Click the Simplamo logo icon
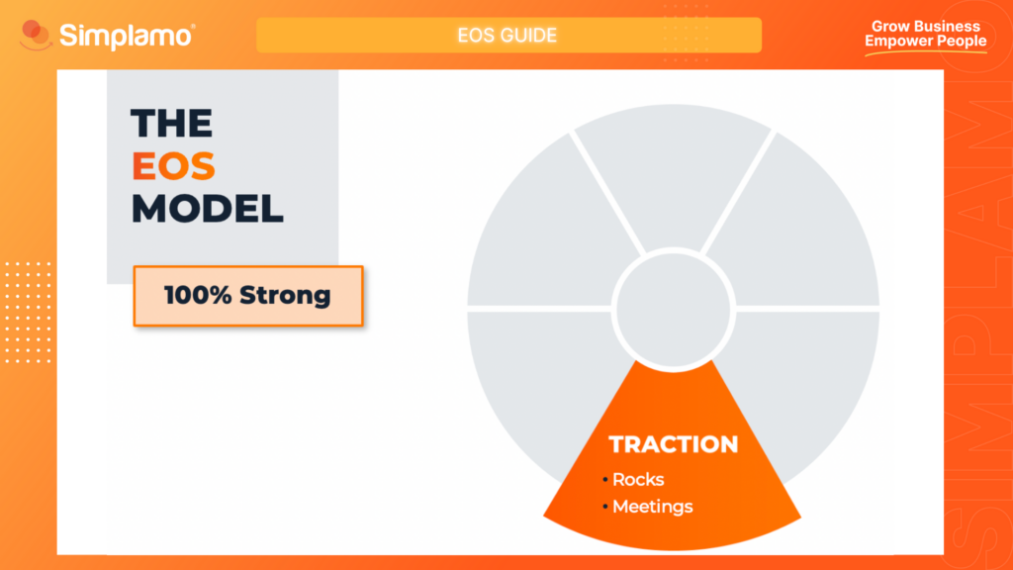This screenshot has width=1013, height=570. pyautogui.click(x=36, y=36)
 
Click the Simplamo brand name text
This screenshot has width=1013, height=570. pyautogui.click(x=127, y=36)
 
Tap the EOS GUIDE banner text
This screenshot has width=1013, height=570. pyautogui.click(x=507, y=36)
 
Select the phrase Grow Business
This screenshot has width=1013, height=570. pyautogui.click(x=925, y=27)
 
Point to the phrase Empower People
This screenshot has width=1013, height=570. pyautogui.click(x=925, y=42)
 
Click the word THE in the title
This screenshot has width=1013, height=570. pyautogui.click(x=172, y=124)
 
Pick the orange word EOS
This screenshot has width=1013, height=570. pyautogui.click(x=173, y=166)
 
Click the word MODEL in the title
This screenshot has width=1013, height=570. pyautogui.click(x=208, y=209)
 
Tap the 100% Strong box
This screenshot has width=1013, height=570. pyautogui.click(x=248, y=295)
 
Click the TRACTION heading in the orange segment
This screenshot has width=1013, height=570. pyautogui.click(x=673, y=445)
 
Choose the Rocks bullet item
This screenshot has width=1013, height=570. pyautogui.click(x=638, y=480)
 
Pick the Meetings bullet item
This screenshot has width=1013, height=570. pyautogui.click(x=652, y=507)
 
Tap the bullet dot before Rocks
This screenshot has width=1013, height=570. pyautogui.click(x=605, y=481)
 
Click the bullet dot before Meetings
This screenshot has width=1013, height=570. pyautogui.click(x=605, y=508)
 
